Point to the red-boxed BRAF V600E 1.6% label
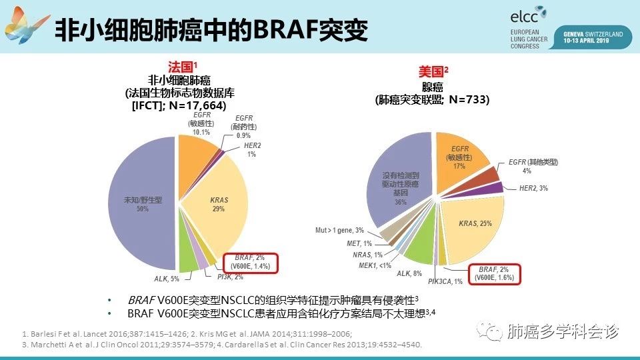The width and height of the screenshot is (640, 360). pyautogui.click(x=494, y=274)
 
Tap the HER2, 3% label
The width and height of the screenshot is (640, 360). pyautogui.click(x=533, y=189)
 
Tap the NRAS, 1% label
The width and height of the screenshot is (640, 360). pyautogui.click(x=368, y=255)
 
